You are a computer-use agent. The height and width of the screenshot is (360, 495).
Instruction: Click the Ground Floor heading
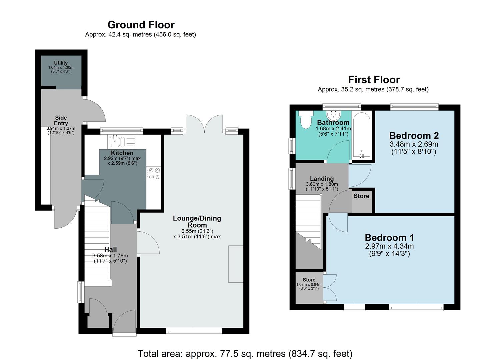[141, 25]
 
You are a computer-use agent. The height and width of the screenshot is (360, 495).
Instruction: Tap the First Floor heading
[374, 80]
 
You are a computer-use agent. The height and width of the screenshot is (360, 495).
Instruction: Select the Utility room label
[61, 63]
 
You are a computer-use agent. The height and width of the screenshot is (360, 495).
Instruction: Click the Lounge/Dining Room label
[197, 222]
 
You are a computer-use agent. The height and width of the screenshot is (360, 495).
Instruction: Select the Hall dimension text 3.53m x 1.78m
[110, 256]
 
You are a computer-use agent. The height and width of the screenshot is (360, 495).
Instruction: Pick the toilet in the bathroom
[305, 119]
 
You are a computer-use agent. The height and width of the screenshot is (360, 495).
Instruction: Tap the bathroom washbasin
[333, 115]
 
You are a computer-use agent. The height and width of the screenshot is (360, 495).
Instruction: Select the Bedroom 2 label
[414, 136]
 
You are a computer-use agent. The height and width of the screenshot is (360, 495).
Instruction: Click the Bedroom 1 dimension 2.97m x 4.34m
[389, 246]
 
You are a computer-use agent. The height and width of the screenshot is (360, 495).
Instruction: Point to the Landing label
[322, 179]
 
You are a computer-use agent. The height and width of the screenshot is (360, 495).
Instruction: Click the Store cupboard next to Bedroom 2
[362, 201]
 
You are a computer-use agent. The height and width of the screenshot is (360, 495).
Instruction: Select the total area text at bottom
[245, 353]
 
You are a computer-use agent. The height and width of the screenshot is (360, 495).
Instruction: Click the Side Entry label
[61, 120]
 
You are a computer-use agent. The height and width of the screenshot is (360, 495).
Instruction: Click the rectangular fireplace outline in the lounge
[236, 264]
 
